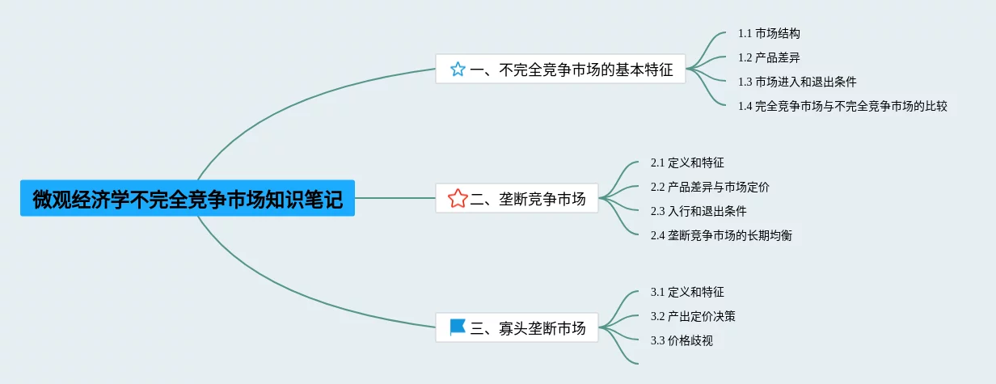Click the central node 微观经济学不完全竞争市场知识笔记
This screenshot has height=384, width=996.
[x=187, y=198]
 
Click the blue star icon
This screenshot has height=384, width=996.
[x=458, y=70]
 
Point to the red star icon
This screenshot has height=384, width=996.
[x=458, y=198]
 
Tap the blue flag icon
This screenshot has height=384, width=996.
[x=458, y=327]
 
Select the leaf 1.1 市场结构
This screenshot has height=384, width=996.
[x=769, y=34]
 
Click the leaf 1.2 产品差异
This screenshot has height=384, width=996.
[x=769, y=57]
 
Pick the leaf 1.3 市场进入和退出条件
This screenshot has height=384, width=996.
[x=797, y=82]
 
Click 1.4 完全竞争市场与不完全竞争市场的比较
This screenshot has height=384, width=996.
[x=842, y=106]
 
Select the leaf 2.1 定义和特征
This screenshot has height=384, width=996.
[x=682, y=162]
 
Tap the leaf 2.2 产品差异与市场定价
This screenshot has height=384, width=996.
[x=710, y=187]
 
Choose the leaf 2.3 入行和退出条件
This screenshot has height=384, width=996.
[x=698, y=211]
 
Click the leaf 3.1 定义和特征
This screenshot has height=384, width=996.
[x=682, y=292]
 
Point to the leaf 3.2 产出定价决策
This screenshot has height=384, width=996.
[x=693, y=316]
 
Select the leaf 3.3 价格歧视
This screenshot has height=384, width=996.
[x=682, y=340]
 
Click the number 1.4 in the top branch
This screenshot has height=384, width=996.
[x=745, y=106]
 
